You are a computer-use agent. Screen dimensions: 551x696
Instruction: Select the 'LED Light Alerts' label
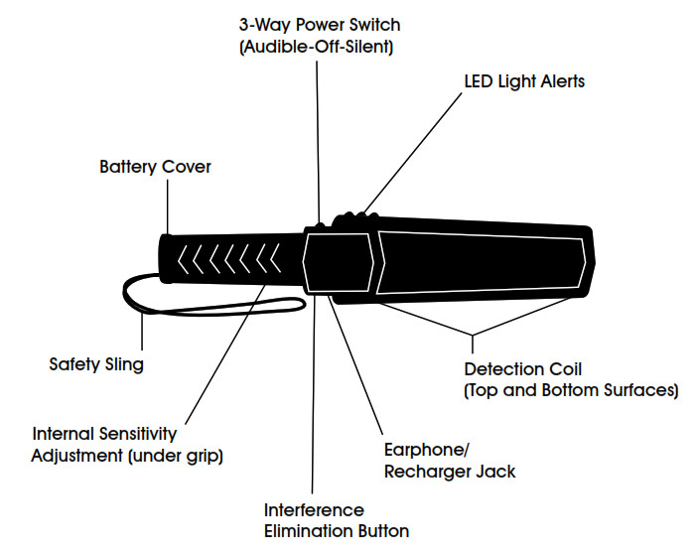tap(524, 81)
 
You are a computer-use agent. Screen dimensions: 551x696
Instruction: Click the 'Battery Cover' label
tap(155, 167)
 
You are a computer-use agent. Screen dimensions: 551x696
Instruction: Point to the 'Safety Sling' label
tap(96, 364)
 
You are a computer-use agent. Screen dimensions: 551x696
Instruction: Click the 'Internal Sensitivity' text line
tap(104, 434)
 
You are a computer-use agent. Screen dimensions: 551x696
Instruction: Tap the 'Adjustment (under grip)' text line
tap(126, 456)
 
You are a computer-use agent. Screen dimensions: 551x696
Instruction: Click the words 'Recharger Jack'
tap(450, 472)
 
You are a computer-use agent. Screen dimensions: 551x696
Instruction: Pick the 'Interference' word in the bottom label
tap(313, 509)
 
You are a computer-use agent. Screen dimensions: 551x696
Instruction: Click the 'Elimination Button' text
tap(336, 531)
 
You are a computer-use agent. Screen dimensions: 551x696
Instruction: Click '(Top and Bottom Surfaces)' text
tap(571, 390)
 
